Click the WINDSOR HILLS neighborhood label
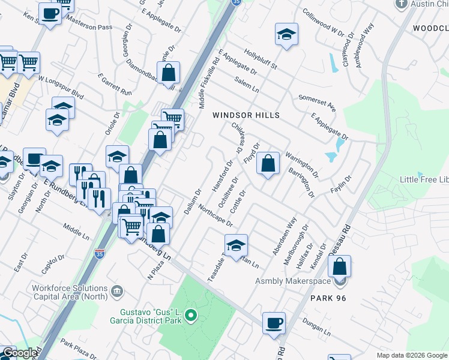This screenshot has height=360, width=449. pos(247,114)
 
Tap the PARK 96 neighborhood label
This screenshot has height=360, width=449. pos(329,298)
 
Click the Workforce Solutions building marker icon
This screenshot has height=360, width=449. pos(116,292)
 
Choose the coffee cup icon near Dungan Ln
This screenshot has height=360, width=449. pos(274,322)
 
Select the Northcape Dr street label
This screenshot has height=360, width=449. pos(214,214)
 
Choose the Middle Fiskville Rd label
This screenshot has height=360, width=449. pos(209,83)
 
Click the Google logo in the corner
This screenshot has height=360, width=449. pos(19,353)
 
